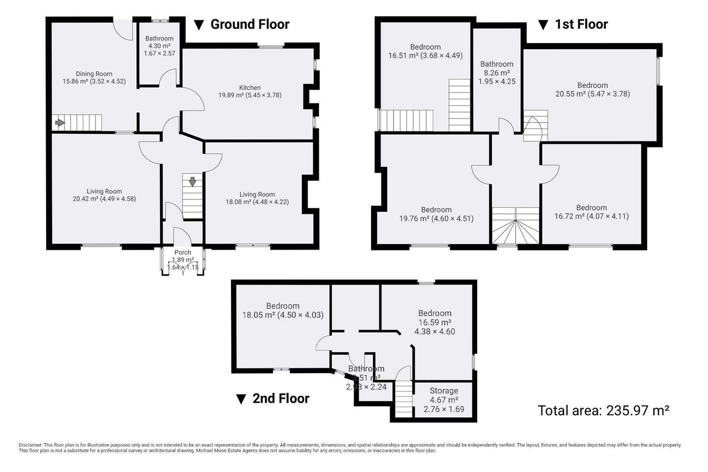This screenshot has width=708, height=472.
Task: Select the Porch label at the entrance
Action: [x=183, y=252]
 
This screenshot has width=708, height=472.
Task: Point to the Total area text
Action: [x=603, y=410]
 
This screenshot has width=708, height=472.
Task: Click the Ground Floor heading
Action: [x=250, y=24]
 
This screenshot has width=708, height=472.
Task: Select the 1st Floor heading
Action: [x=581, y=24]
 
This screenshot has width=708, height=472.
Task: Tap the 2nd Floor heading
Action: [x=281, y=398]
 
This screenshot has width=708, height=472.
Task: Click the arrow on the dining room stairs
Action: [x=60, y=123]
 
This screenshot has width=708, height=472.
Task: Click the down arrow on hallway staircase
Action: [x=192, y=181]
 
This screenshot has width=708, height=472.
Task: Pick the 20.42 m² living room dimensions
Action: [x=104, y=199]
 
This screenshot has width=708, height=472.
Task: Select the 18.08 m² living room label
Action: [x=257, y=198]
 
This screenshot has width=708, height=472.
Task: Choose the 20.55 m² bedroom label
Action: [x=592, y=90]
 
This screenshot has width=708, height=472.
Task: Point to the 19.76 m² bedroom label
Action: [x=436, y=214]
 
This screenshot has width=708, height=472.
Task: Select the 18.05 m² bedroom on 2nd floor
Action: [x=283, y=310]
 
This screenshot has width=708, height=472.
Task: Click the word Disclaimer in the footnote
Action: [x=30, y=445]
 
